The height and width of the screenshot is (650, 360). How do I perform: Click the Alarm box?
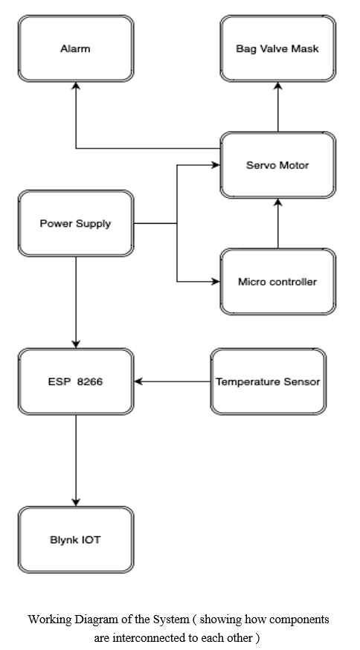[x=76, y=48]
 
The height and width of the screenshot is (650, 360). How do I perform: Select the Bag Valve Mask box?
[x=278, y=48]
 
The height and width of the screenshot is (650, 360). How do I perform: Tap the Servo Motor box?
[x=278, y=165]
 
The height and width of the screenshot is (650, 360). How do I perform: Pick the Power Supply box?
[x=76, y=223]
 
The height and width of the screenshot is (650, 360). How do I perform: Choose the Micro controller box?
[x=278, y=282]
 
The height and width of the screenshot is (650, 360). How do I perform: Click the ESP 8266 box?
[x=76, y=382]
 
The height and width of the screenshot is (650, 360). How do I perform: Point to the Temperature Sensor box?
[x=269, y=382]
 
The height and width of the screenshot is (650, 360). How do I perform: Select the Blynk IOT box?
[x=76, y=540]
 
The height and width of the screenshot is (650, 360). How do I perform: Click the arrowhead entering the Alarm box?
[x=76, y=86]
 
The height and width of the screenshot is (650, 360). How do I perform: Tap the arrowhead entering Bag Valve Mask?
[x=278, y=86]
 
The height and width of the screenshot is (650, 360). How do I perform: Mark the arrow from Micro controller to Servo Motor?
[x=278, y=224]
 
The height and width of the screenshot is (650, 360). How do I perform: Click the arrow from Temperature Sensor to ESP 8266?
[x=172, y=382]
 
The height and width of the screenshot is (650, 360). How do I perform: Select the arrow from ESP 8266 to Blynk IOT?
[x=76, y=460]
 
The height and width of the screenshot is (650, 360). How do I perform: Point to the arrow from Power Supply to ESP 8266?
[x=76, y=303]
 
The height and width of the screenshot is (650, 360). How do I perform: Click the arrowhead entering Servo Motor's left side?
[x=216, y=165]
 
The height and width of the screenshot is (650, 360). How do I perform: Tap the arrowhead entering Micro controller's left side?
[x=216, y=282]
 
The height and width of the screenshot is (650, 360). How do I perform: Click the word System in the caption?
[x=171, y=620]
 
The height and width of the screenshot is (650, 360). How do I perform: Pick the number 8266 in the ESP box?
[x=90, y=382]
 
